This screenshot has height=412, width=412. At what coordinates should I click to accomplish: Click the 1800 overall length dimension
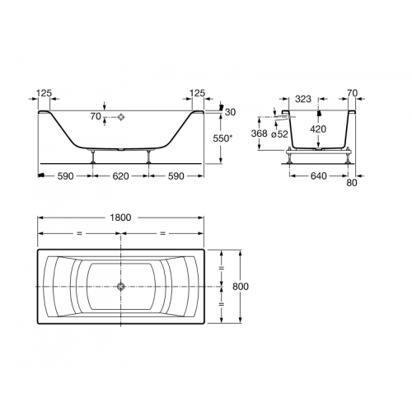click(x=120, y=218)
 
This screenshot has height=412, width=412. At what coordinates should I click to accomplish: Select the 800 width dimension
click(x=241, y=287)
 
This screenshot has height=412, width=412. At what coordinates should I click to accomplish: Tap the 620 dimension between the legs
click(x=120, y=176)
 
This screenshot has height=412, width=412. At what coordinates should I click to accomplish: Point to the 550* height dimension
click(x=222, y=138)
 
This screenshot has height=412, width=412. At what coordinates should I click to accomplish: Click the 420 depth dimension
click(x=318, y=129)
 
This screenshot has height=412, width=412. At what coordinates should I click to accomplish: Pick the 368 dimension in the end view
click(x=260, y=133)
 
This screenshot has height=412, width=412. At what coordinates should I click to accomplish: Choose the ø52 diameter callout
click(x=279, y=134)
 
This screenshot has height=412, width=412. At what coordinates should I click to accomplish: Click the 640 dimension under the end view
click(x=319, y=176)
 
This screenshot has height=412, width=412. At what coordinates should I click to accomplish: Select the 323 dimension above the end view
click(x=303, y=99)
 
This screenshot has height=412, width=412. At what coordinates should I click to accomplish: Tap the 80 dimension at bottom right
click(x=351, y=183)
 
